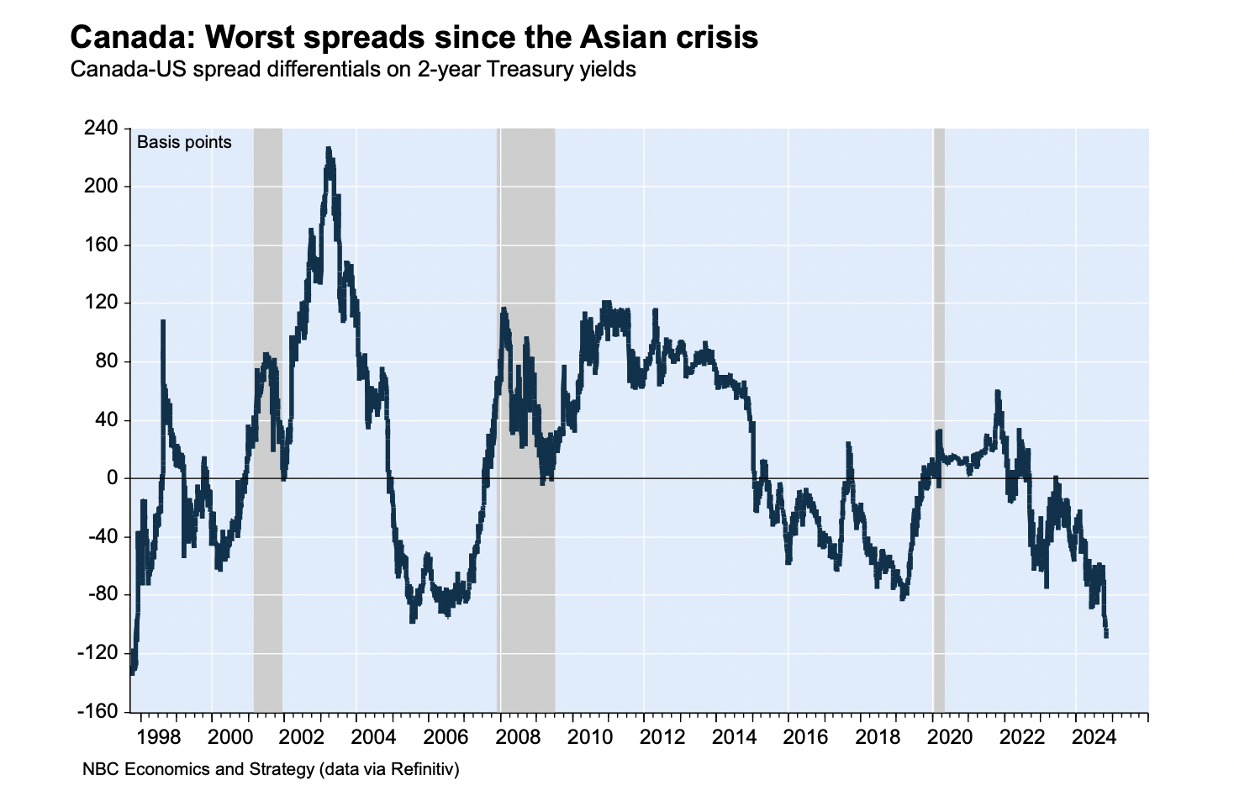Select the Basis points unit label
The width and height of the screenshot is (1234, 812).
point(184,142)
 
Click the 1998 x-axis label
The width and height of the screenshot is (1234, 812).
point(158,737)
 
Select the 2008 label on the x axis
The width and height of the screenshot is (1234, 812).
point(518,737)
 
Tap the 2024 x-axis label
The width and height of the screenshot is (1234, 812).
point(1094,737)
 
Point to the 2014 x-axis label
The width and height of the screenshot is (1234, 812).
point(734,737)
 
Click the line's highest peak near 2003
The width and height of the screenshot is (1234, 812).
point(329,150)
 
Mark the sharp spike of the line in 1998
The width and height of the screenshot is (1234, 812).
point(162,322)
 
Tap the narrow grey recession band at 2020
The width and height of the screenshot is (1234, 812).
point(939,420)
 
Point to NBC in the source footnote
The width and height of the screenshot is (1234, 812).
point(97,768)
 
